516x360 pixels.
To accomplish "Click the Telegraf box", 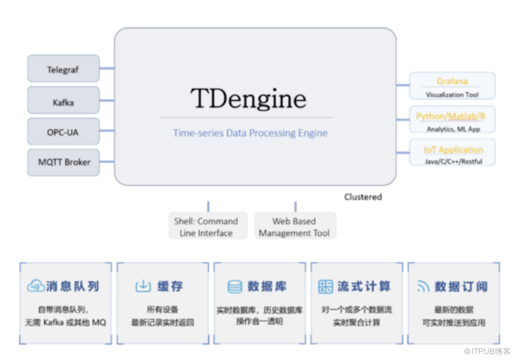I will click(63, 70).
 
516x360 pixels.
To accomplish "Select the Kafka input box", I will click(63, 103).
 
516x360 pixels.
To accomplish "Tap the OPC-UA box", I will click(63, 132).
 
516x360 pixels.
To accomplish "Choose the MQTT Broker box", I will click(64, 162).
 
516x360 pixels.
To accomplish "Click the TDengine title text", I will click(248, 98).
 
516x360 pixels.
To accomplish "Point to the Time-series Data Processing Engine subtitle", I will click(250, 133).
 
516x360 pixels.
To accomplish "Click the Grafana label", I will click(452, 81).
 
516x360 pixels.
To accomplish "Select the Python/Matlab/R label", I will click(451, 117).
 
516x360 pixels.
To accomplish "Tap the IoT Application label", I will click(453, 150).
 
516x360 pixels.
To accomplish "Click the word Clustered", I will click(363, 197).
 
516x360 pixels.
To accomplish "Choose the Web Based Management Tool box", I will click(294, 227).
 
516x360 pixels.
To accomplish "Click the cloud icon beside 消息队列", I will click(35, 286).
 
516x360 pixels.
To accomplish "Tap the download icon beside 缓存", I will click(143, 286).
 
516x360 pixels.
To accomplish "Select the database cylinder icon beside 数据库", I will click(235, 286).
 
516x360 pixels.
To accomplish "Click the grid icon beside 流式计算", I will click(326, 286).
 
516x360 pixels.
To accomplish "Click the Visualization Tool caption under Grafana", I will click(452, 94).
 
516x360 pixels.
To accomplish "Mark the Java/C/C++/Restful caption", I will click(453, 161).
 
